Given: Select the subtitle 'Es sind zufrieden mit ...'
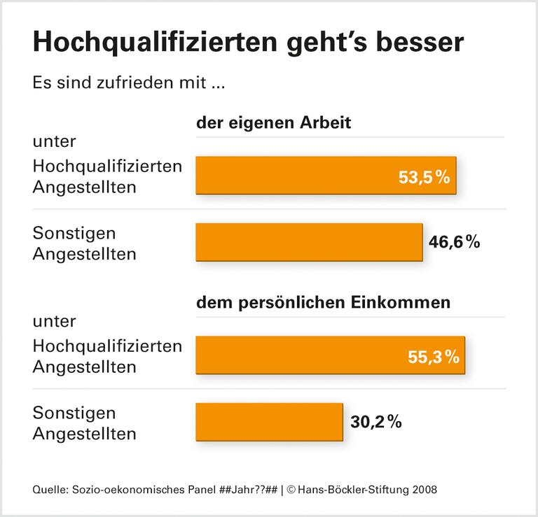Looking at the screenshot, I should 127,84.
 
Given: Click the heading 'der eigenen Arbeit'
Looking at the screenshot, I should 273,122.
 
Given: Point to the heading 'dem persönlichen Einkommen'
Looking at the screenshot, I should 323,303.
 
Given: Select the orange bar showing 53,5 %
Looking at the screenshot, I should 326,175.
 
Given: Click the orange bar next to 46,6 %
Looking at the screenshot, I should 309,242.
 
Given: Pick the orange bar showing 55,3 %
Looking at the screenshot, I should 330,355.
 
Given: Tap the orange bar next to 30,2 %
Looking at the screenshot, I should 269,422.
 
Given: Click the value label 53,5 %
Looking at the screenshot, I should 423,178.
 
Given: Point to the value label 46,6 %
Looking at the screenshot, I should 454,242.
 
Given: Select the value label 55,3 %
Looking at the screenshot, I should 433,357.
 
